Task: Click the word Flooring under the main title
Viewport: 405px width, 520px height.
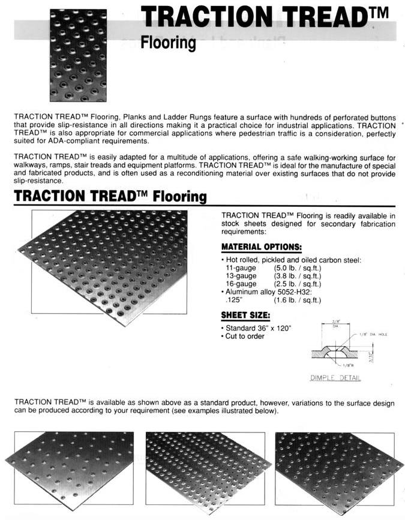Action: (168, 43)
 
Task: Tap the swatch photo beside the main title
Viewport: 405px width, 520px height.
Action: (78, 55)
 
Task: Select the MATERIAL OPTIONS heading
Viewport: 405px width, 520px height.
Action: (261, 247)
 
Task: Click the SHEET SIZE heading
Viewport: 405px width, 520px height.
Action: (245, 316)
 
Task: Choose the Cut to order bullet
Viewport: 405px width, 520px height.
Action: (245, 336)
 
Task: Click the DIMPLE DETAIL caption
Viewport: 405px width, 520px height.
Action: (335, 378)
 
